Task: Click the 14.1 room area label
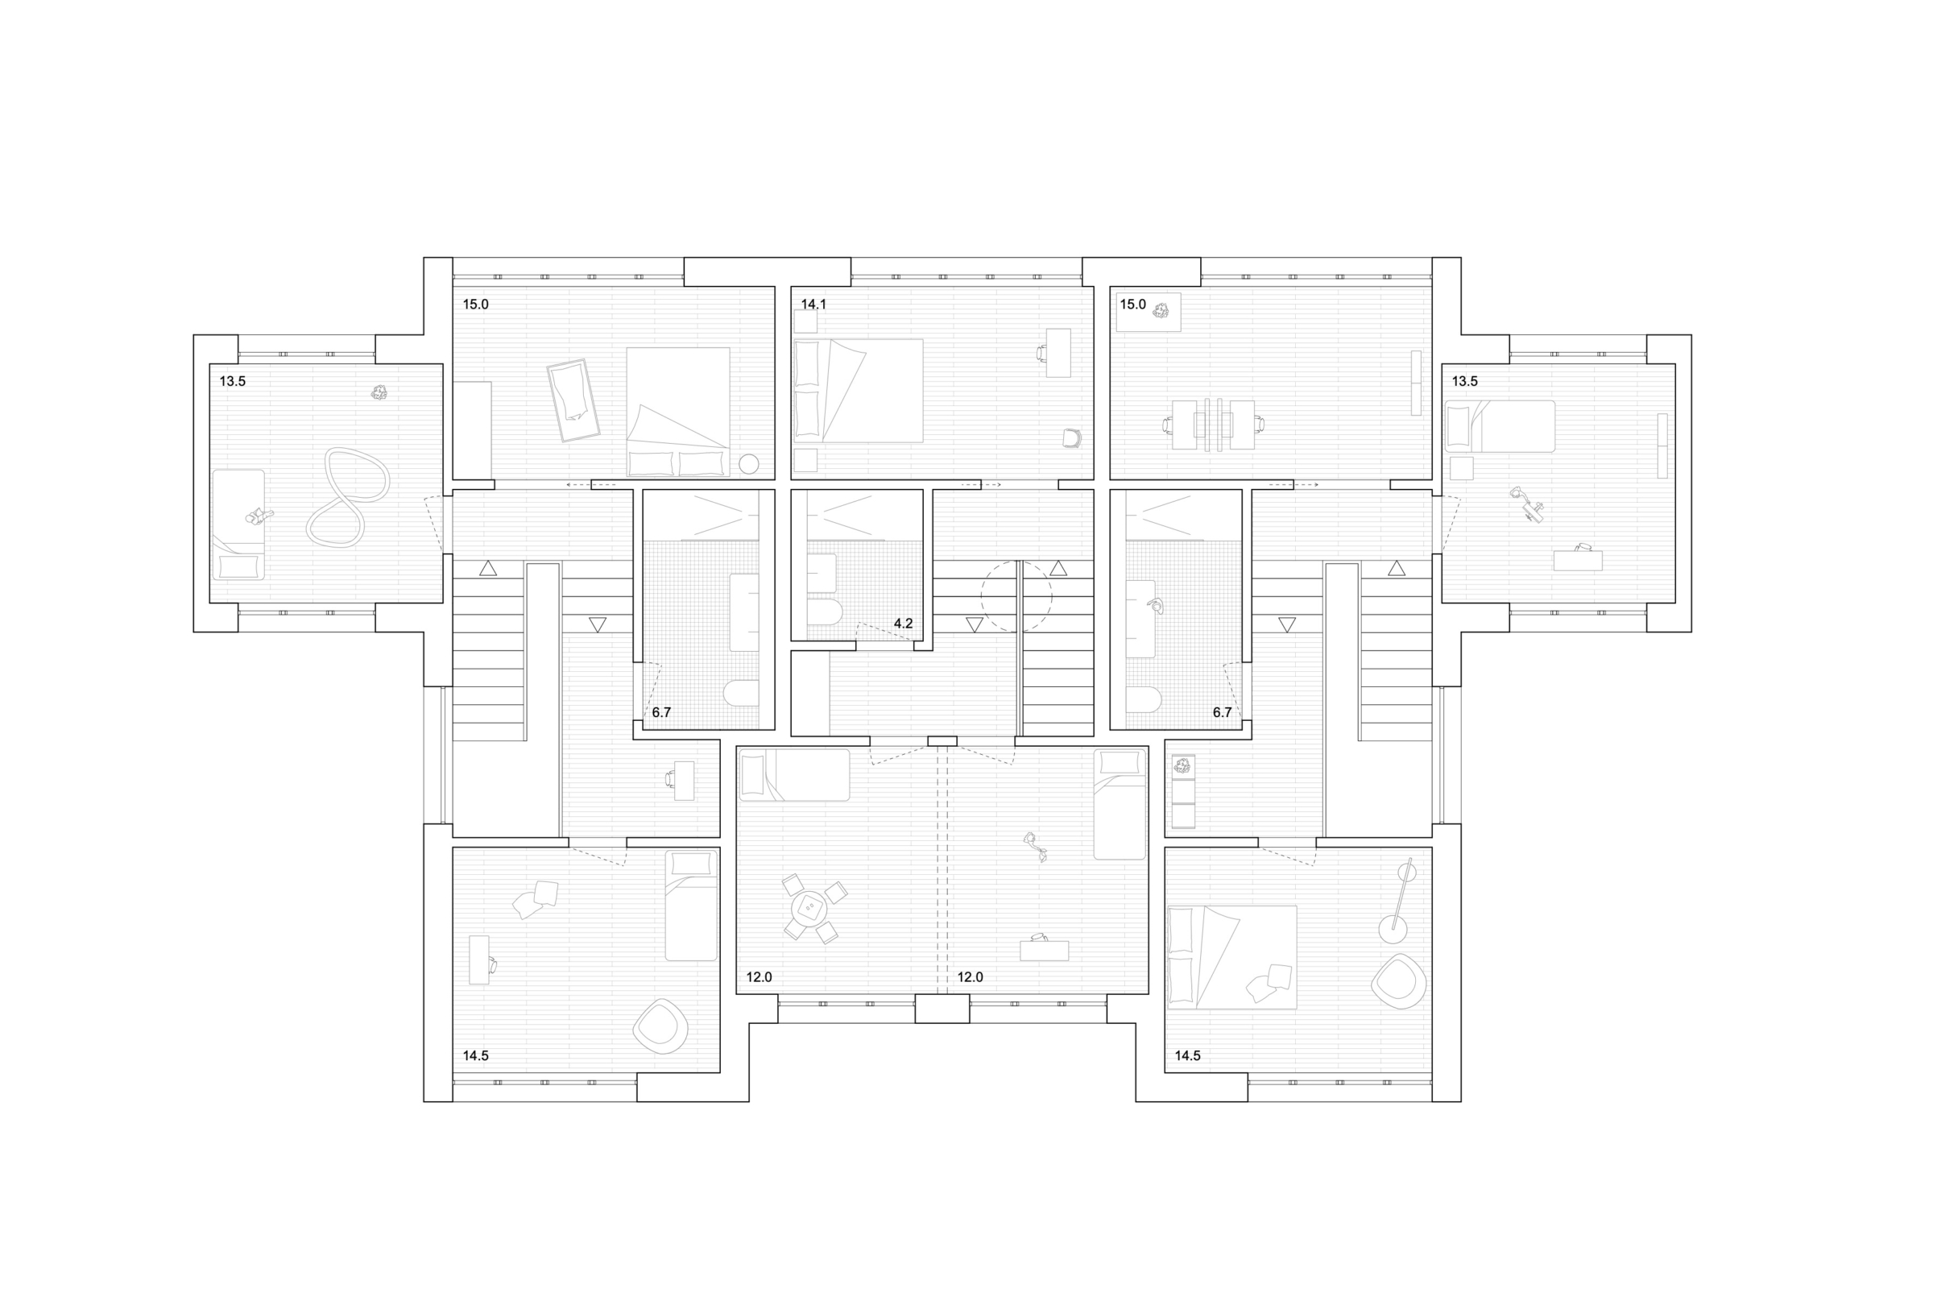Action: [813, 305]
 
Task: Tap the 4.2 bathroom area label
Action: [903, 624]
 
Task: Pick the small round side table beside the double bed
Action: [749, 464]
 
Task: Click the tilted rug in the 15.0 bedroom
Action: [573, 400]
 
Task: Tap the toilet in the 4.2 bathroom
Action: [824, 611]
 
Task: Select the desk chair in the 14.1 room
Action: [1042, 353]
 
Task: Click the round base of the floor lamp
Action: [1393, 930]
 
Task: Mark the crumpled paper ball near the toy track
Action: [379, 392]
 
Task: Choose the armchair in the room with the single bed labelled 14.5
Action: [660, 1026]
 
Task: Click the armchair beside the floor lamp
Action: [1399, 980]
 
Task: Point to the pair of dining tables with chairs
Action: [1214, 425]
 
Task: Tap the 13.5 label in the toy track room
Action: [233, 381]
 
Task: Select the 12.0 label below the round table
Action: [760, 977]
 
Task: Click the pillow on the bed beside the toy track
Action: [238, 566]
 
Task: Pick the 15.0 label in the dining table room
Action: [1132, 305]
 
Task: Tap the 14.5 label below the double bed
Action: [1187, 1056]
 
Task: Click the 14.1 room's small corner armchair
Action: [1071, 438]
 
